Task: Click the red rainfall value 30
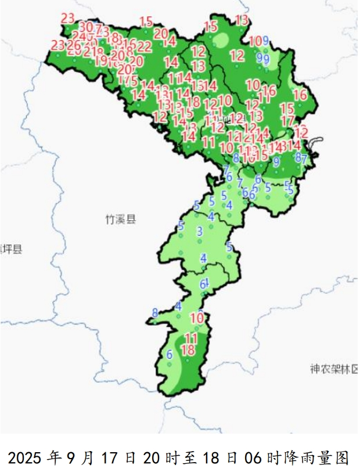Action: pos(85,27)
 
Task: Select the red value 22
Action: pos(145,46)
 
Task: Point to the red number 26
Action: pos(74,45)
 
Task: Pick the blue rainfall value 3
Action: pos(200,232)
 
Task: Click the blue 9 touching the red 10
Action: pos(265,41)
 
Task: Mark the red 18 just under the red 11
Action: pos(188,349)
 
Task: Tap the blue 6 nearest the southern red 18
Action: pos(170,355)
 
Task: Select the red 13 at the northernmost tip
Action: pos(242,20)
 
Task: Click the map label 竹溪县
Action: pos(120,219)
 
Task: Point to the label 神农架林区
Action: pos(334,369)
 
